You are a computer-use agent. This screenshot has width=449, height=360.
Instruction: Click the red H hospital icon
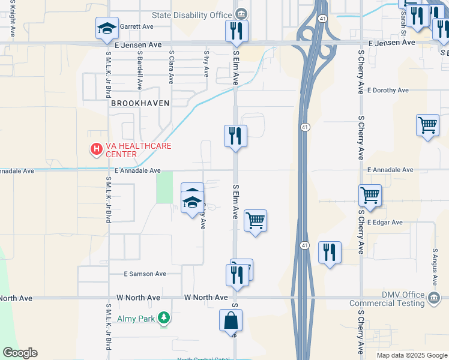(95, 149)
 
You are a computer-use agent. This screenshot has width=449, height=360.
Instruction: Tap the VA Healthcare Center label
(138, 150)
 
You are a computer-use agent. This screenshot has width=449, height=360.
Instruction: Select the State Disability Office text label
(192, 14)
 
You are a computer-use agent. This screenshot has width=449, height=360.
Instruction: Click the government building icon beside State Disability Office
(241, 13)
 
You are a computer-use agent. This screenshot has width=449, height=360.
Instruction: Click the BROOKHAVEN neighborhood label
(140, 103)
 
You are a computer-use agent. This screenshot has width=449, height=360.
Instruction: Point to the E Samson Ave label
(145, 274)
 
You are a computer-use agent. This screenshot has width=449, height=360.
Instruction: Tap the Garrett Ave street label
(137, 26)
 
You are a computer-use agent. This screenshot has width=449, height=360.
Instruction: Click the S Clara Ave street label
(172, 63)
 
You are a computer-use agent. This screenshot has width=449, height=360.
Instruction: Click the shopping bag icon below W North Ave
(231, 320)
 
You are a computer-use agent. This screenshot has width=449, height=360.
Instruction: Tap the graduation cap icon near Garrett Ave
(107, 28)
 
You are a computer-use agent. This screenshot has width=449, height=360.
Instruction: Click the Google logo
(20, 353)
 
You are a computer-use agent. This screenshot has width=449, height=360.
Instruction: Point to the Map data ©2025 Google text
(411, 355)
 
